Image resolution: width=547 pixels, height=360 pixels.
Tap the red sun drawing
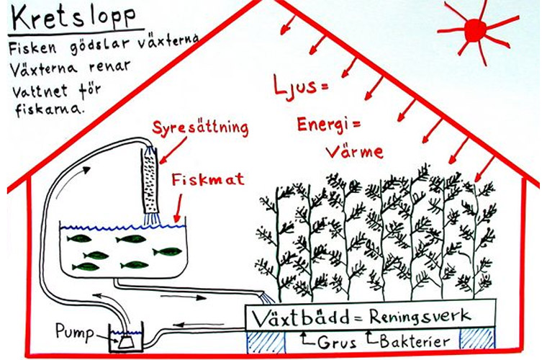476,30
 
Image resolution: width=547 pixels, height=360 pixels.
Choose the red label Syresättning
201,130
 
